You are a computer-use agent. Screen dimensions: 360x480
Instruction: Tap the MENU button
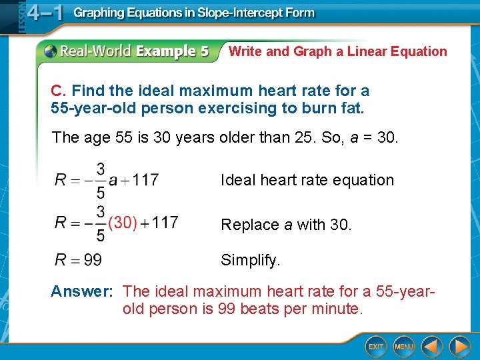(404, 346)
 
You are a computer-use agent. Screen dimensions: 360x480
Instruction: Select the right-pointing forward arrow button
(459, 346)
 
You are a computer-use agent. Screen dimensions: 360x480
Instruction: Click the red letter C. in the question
(59, 91)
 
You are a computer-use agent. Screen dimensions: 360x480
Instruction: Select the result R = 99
(78, 260)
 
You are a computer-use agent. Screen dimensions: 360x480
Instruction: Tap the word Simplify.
(251, 260)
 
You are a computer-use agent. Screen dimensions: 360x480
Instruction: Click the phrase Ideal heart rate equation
(307, 180)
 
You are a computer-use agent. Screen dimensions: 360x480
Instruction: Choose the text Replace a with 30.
(286, 225)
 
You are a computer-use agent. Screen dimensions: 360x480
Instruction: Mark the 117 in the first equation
(145, 180)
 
